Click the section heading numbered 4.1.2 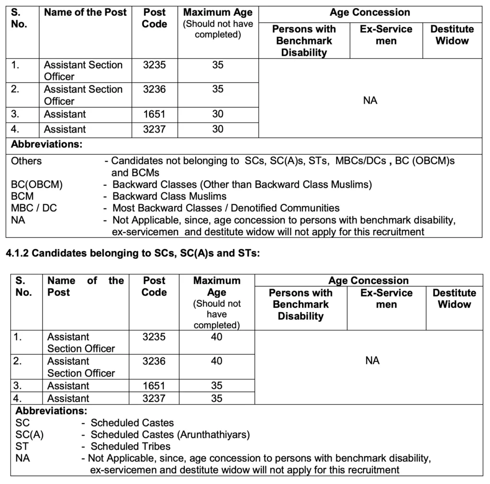tap(133, 254)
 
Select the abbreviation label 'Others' tap(26, 161)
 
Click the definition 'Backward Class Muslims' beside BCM tap(169, 196)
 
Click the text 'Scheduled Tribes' tap(131, 447)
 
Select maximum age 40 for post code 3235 tap(217, 337)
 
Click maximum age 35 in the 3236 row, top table tap(218, 89)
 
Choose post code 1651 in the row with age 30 tap(154, 114)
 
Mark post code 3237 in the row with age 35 tap(154, 398)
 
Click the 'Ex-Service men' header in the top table tap(386, 35)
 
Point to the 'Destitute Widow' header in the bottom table tap(454, 298)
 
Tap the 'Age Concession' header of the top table tap(369, 13)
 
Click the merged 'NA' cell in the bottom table tap(372, 360)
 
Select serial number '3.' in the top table tap(16, 114)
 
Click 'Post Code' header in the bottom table tap(154, 286)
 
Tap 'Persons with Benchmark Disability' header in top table tap(303, 41)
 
